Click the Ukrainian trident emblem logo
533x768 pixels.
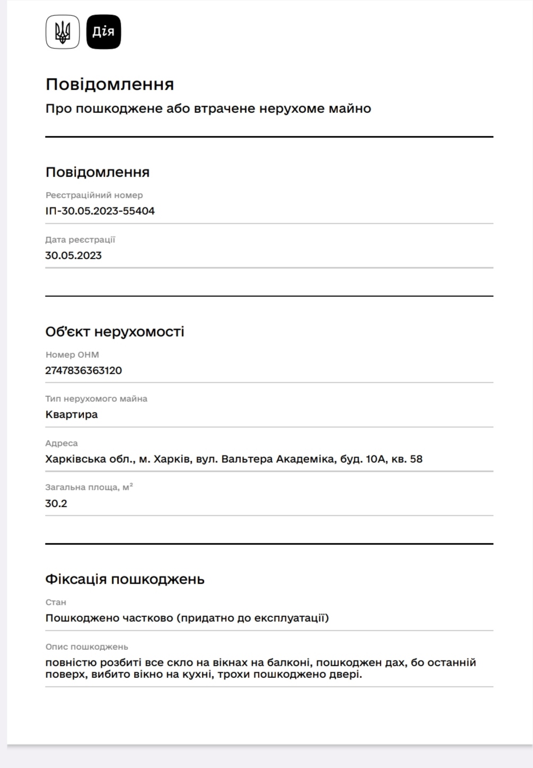coord(63,32)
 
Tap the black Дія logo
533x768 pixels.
coord(103,32)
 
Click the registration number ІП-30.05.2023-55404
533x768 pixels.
coord(100,211)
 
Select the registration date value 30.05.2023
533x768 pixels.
coord(74,255)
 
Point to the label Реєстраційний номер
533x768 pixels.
coord(94,195)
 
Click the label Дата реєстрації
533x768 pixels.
coord(80,240)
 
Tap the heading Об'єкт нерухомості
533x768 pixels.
coord(115,332)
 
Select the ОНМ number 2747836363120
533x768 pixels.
coord(84,370)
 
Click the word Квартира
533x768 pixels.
coord(72,414)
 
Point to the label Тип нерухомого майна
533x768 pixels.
coord(96,399)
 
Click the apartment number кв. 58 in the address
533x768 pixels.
coord(406,459)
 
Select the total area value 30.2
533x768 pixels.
coord(56,504)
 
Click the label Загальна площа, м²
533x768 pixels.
coord(89,487)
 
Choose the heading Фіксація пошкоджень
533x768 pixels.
coord(125,579)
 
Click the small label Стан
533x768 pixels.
coord(56,602)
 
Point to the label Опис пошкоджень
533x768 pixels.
coord(87,647)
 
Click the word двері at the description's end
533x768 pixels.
coord(346,675)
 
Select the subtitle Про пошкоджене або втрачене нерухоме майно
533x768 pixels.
coord(208,109)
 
